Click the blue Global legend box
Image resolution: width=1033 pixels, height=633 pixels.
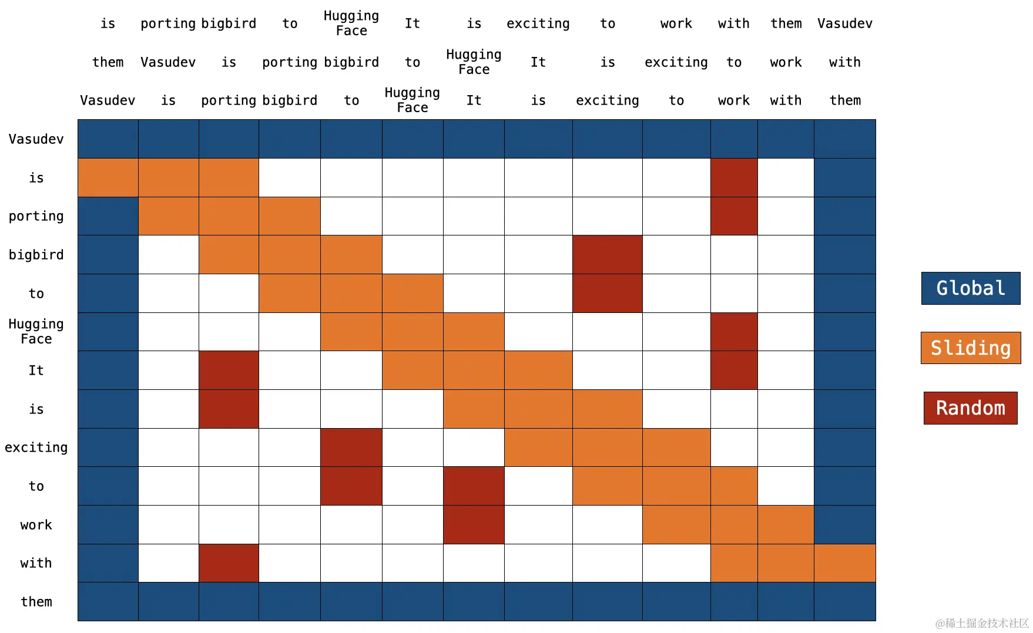click(970, 288)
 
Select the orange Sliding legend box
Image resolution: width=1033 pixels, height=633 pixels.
click(970, 348)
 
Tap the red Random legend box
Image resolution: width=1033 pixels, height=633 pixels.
click(970, 408)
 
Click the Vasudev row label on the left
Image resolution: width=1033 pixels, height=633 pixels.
click(36, 139)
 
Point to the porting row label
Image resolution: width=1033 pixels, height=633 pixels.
click(36, 216)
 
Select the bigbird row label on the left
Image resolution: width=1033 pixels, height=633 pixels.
click(36, 255)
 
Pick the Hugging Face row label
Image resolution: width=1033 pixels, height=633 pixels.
click(36, 332)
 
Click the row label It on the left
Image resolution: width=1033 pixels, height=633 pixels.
click(36, 371)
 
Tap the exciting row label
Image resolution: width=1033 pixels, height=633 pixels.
click(36, 447)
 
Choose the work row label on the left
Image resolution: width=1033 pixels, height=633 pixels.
click(36, 525)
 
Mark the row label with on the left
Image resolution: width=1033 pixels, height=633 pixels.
click(36, 563)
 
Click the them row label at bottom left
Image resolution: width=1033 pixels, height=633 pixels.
click(36, 602)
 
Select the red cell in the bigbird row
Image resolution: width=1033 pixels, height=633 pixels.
click(607, 255)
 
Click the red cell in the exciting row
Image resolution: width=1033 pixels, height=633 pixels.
click(351, 447)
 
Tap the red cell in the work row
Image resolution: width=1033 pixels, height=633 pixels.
click(474, 525)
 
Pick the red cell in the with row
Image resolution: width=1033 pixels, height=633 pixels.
click(229, 563)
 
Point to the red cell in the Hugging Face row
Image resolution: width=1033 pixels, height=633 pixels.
click(733, 332)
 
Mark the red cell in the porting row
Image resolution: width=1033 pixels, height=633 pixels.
click(733, 216)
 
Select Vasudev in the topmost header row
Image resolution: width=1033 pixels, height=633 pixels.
click(844, 23)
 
